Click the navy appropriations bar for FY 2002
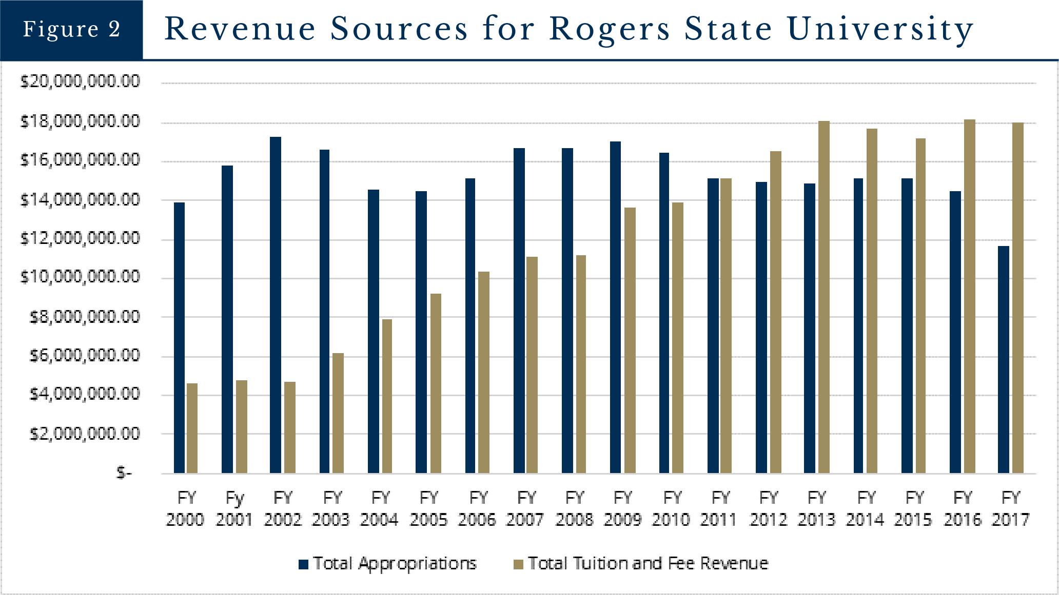tap(276, 305)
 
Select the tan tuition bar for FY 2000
tap(192, 428)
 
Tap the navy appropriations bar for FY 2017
tap(1003, 359)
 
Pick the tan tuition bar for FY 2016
tap(969, 296)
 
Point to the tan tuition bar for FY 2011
tap(725, 325)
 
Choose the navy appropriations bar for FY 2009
tap(615, 307)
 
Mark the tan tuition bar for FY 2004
tap(386, 396)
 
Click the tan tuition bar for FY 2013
tap(823, 297)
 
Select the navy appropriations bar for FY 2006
tap(470, 325)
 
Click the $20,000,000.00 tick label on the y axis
tap(80, 81)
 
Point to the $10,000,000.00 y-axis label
tap(80, 277)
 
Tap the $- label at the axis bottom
tap(124, 473)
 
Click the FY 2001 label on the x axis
tap(234, 508)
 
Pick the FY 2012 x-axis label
tap(768, 508)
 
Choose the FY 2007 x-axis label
tap(525, 508)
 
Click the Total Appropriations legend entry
tap(388, 564)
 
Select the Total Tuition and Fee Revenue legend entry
tap(641, 564)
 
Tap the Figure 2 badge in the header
tap(71, 30)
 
